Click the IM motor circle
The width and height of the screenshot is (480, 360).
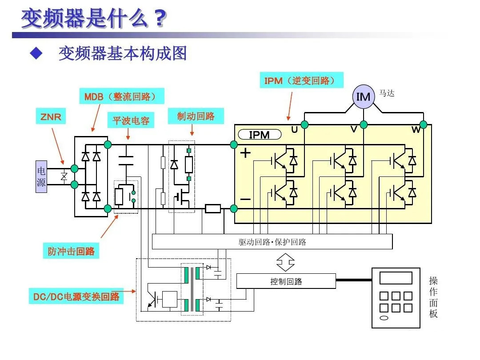(363, 96)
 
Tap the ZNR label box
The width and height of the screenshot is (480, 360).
(51, 117)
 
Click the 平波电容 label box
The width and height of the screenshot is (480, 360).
(131, 120)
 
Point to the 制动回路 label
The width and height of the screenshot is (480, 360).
(196, 116)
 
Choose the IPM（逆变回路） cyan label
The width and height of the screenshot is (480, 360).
(303, 81)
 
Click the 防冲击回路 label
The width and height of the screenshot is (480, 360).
(71, 251)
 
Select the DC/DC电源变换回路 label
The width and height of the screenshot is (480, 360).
(76, 296)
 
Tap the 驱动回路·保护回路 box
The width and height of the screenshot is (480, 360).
(272, 242)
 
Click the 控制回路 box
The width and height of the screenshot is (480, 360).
(286, 281)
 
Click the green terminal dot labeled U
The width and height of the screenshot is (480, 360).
(304, 124)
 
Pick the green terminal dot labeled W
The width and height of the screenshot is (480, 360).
(423, 124)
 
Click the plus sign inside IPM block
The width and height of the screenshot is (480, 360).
(246, 153)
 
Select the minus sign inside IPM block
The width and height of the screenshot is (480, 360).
(245, 200)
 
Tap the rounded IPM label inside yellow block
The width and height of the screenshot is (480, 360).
(260, 135)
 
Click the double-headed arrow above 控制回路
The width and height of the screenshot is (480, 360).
(285, 262)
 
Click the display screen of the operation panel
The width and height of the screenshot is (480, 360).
(396, 278)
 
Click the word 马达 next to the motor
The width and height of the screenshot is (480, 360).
(387, 93)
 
